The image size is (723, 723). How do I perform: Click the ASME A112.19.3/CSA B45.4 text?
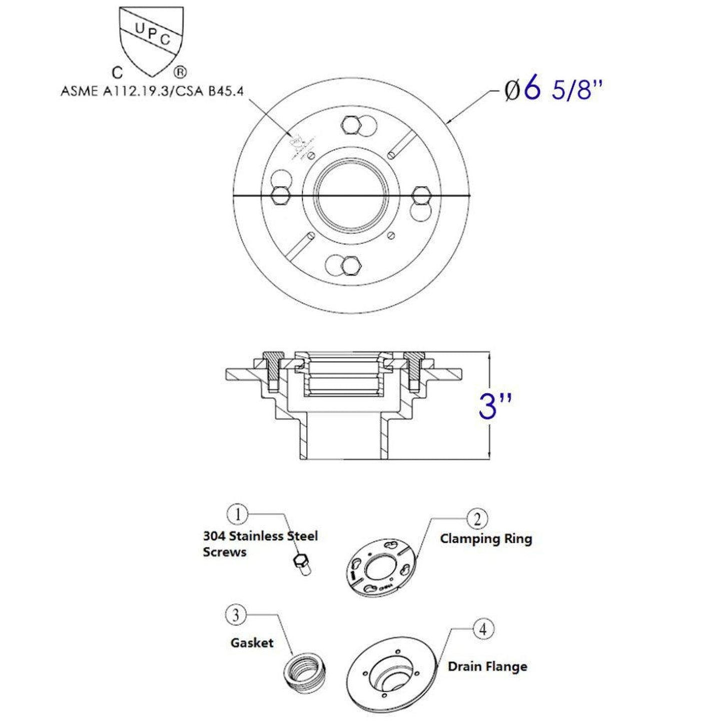[156, 92]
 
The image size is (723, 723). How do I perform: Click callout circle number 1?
[238, 514]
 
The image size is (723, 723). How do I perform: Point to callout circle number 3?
[236, 615]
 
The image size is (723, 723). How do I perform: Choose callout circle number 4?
[483, 629]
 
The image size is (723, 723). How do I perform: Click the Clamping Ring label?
[485, 539]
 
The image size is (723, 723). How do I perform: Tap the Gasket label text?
[252, 642]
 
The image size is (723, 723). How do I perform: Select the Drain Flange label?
[487, 666]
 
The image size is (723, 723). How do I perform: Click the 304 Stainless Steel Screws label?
[260, 544]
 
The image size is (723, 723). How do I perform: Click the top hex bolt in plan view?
[351, 125]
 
